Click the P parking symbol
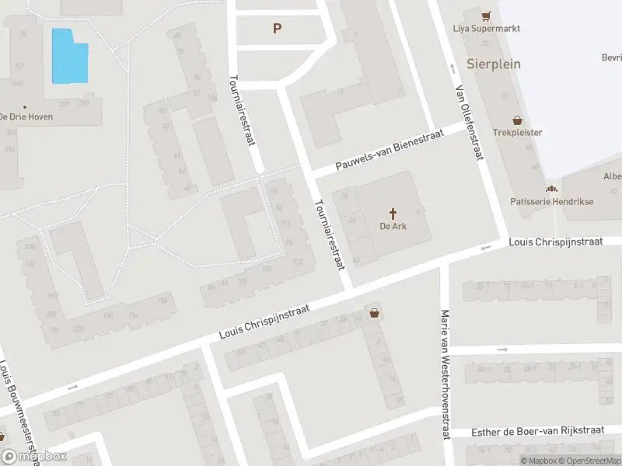pos(276,29)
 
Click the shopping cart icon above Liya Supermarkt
pos(487,16)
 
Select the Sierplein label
pos(494,64)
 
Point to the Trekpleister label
pos(517,133)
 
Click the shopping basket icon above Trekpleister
pos(517,120)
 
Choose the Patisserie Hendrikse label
pos(551,201)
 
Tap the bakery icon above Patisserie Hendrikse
pos(551,188)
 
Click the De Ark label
pos(393,227)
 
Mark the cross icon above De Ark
pos(393,213)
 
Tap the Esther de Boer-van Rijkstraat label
pos(537,432)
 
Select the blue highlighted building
pos(69,56)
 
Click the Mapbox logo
pos(34,457)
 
